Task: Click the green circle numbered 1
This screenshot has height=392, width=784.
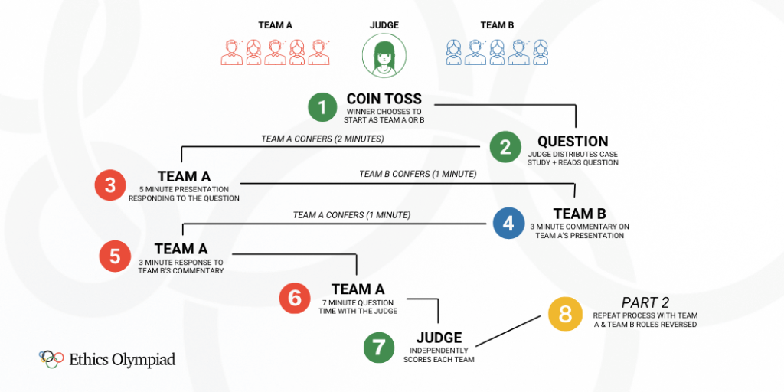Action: (322, 108)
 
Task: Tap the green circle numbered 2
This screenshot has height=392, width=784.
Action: (505, 147)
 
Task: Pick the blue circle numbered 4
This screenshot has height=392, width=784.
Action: (508, 223)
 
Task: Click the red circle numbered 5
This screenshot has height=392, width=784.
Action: (115, 256)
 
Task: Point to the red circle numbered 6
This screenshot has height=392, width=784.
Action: (295, 297)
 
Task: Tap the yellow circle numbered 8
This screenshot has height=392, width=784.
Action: (565, 314)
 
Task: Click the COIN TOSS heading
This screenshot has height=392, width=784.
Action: (384, 100)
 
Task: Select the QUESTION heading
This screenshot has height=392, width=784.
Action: (573, 142)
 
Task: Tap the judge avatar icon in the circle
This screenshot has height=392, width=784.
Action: (384, 56)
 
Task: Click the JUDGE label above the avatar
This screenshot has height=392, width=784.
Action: (384, 25)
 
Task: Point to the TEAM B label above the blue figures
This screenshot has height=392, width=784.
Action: (497, 25)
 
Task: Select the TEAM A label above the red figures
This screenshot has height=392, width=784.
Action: (275, 25)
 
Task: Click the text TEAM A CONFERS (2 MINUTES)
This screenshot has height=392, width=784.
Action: (322, 139)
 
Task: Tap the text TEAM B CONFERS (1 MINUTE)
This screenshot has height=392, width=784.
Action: (417, 175)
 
